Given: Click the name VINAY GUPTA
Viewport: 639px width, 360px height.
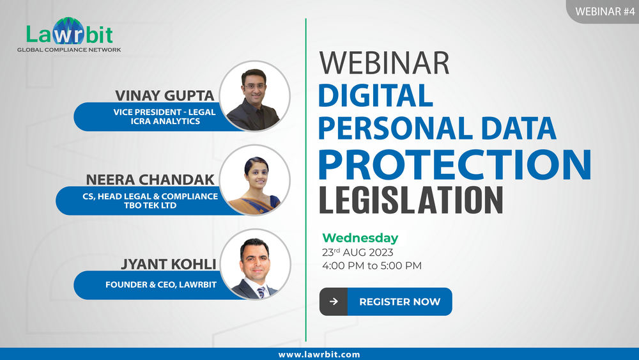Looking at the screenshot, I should tap(165, 95).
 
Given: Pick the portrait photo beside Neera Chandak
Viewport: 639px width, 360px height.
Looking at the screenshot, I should tap(255, 182).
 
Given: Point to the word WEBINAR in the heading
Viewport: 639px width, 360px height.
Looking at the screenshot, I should tap(384, 63).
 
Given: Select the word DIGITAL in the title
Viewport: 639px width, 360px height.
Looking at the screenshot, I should tap(376, 95).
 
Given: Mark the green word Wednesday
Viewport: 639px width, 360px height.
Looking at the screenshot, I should tap(360, 238).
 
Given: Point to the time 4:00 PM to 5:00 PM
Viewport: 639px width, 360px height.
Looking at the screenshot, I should tap(372, 265).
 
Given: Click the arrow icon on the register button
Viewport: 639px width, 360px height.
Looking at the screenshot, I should tap(333, 302).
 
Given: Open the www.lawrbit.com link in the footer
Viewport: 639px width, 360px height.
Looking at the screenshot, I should tap(319, 354).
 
